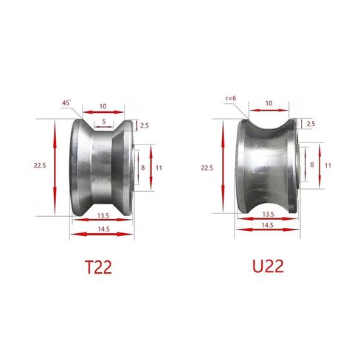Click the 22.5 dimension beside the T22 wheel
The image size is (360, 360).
(x=40, y=167)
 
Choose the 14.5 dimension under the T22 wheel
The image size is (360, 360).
(x=104, y=229)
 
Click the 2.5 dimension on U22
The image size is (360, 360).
(x=311, y=122)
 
